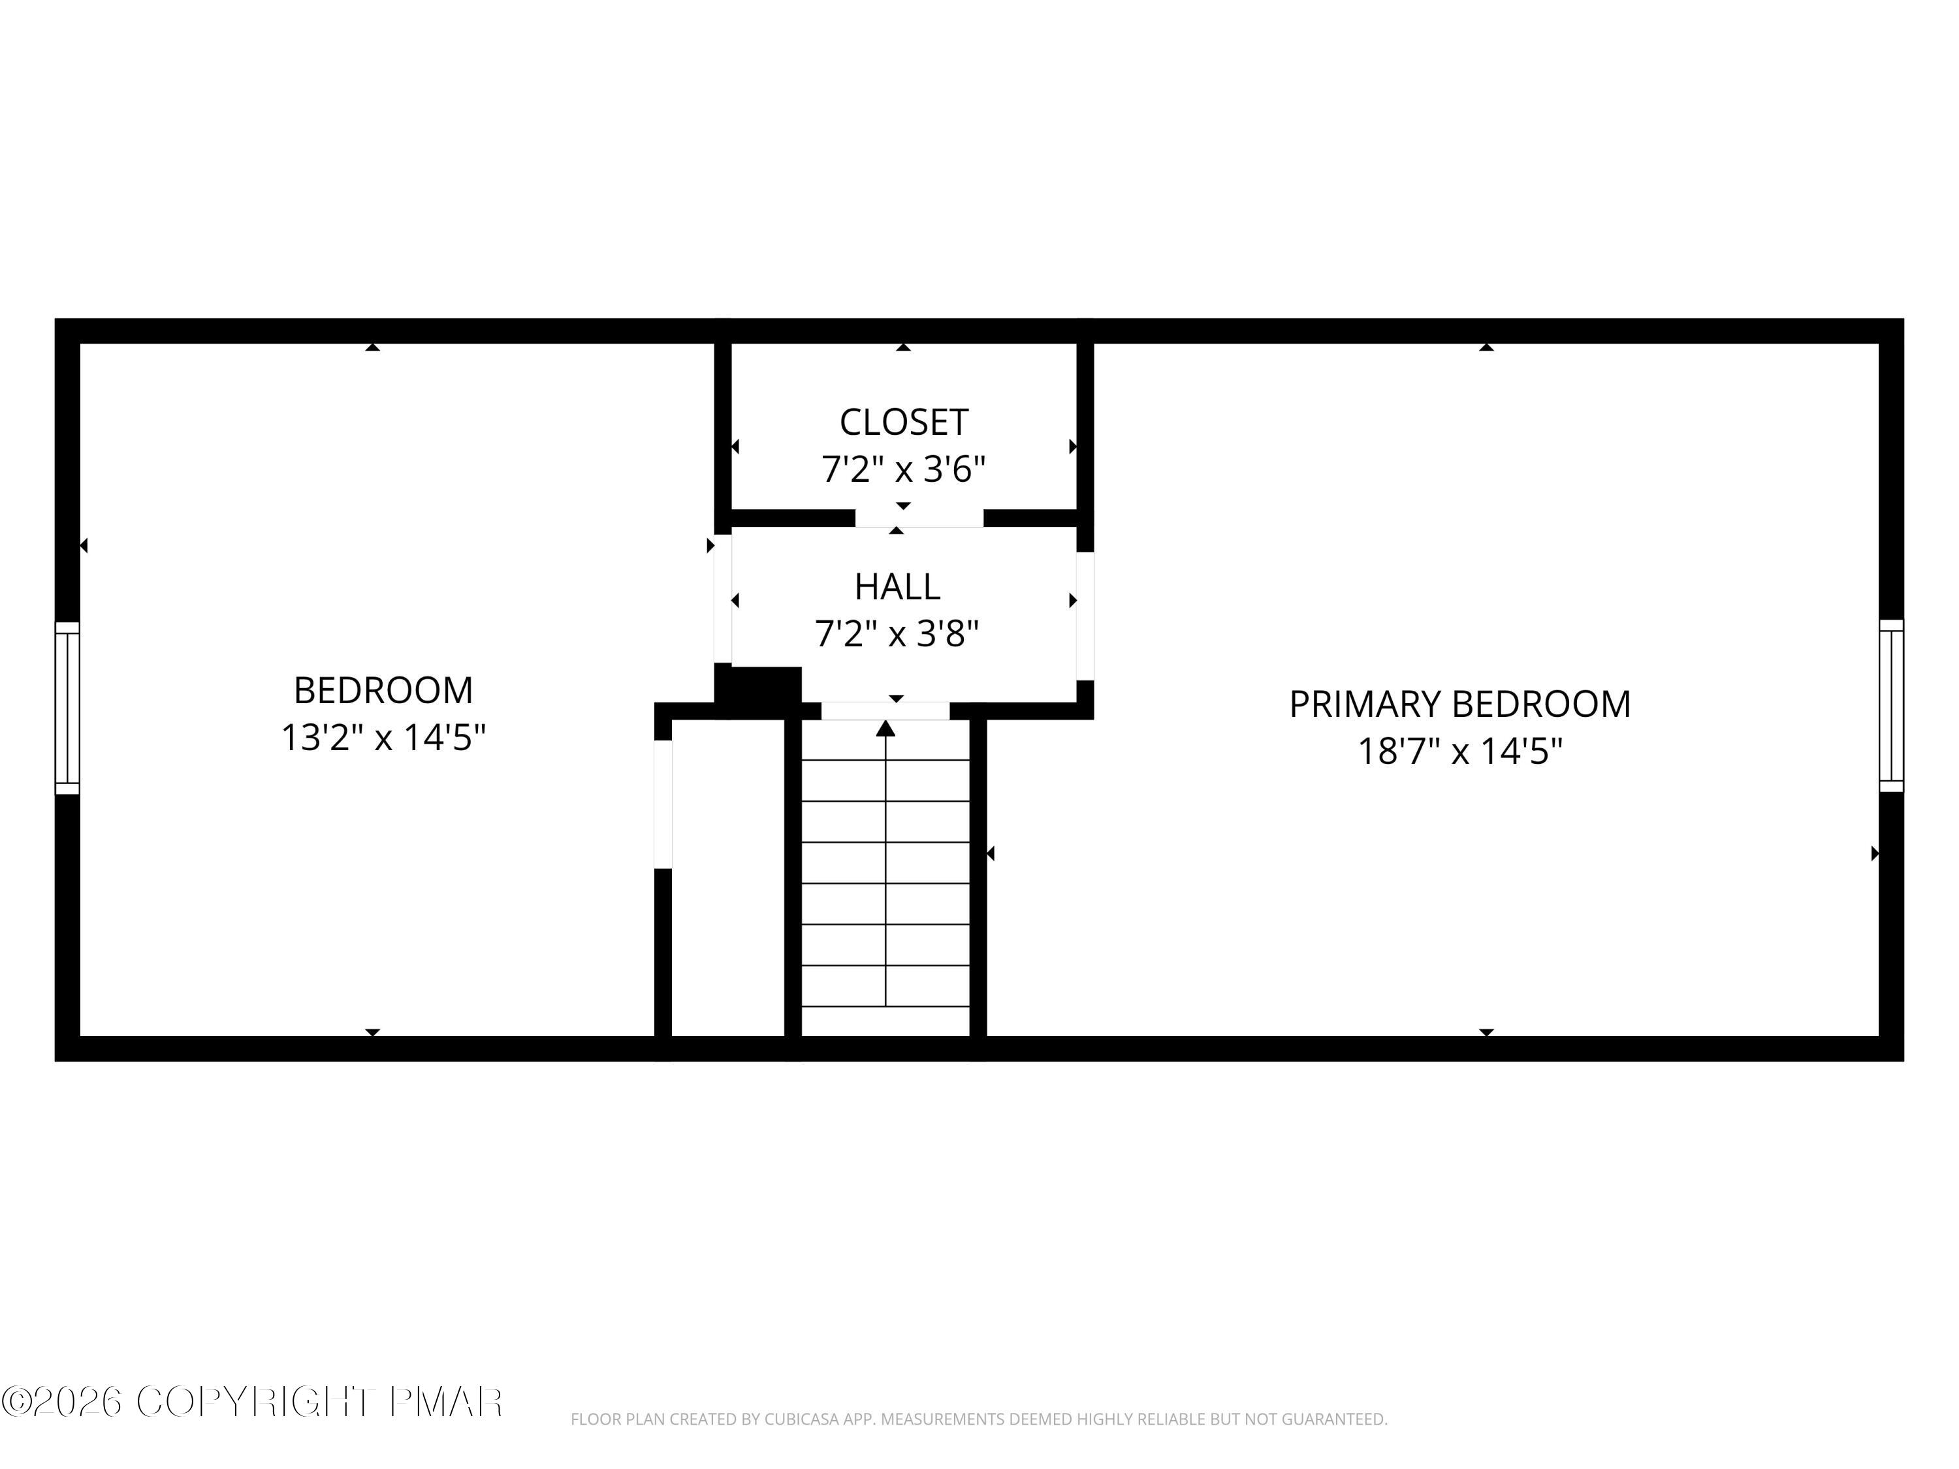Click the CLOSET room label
[x=903, y=422]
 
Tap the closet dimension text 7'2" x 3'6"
[x=903, y=469]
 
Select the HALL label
[x=897, y=586]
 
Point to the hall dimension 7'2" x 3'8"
[x=897, y=634]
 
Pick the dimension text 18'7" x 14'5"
[x=1459, y=751]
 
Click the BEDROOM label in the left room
[x=383, y=691]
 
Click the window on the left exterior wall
[x=67, y=708]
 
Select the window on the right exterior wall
[x=1891, y=706]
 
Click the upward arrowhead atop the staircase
[x=885, y=729]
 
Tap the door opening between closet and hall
[x=919, y=518]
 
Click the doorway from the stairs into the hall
[x=885, y=710]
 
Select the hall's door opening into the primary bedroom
[x=1085, y=616]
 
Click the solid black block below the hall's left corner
[x=758, y=691]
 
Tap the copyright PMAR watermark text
[x=253, y=1401]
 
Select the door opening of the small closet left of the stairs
[x=662, y=804]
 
